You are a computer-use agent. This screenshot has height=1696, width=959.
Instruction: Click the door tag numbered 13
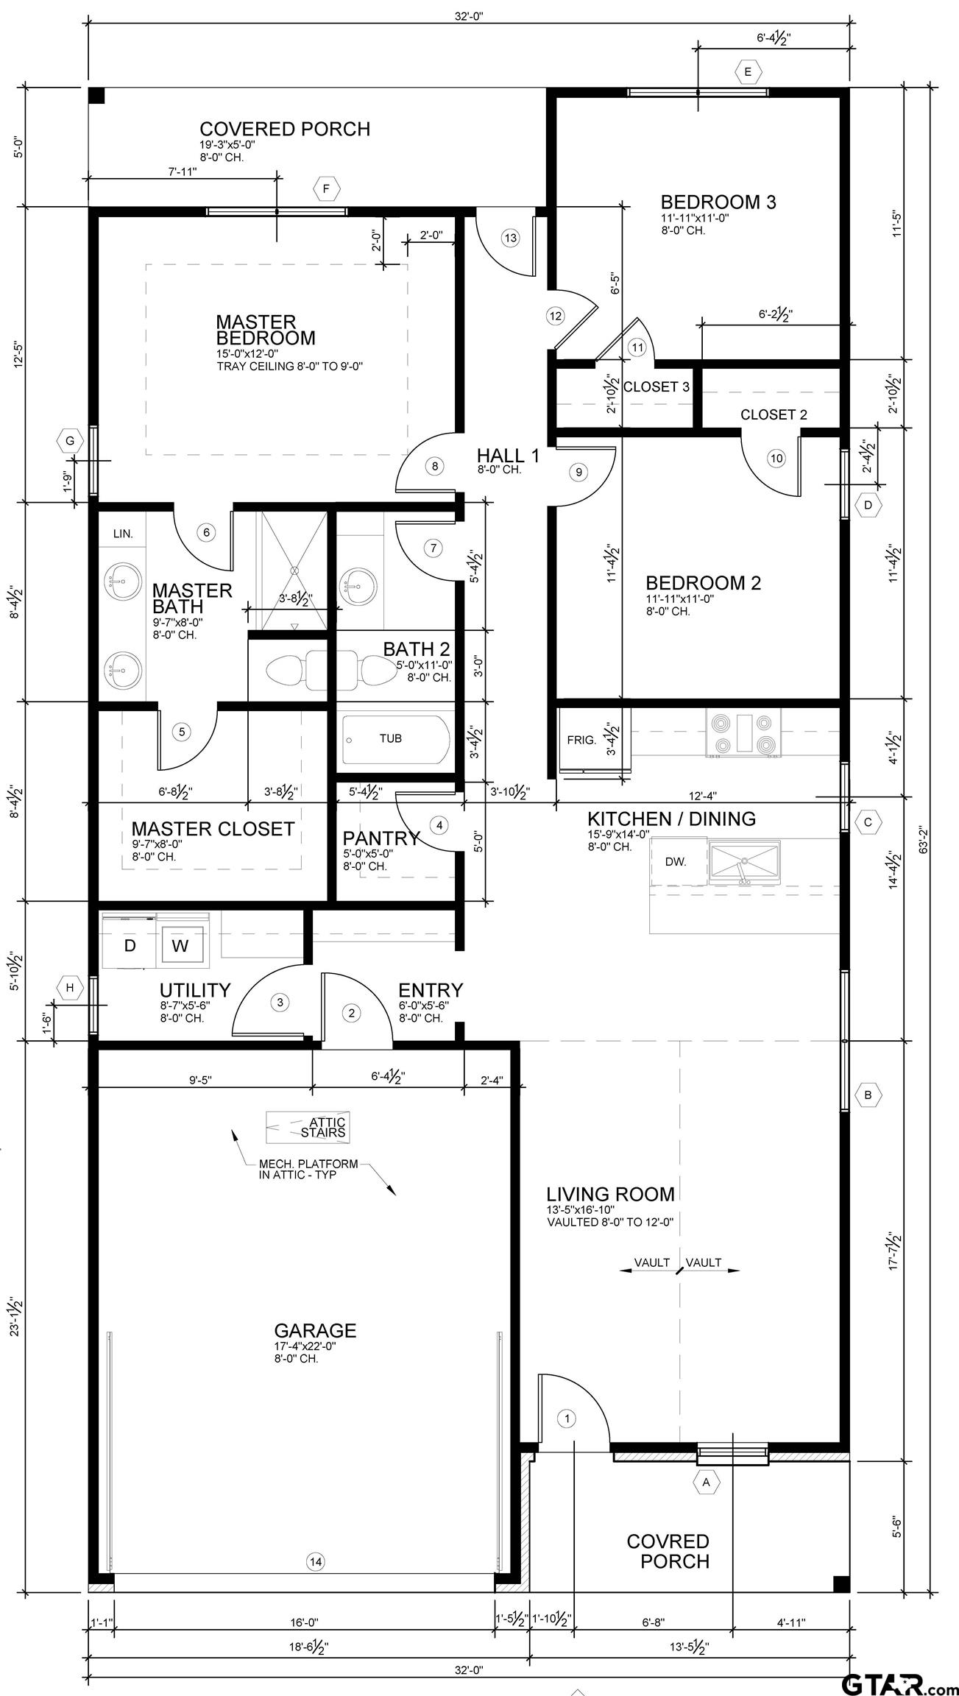[510, 238]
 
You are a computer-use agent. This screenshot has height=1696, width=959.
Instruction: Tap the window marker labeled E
[748, 71]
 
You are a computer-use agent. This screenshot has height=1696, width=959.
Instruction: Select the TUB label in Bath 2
[390, 738]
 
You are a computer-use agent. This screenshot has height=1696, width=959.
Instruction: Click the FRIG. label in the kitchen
[581, 740]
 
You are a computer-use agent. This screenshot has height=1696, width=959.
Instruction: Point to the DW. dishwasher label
[676, 861]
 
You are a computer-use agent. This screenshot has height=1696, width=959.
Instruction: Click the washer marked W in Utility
[180, 947]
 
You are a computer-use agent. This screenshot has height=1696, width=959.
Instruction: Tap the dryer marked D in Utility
[130, 946]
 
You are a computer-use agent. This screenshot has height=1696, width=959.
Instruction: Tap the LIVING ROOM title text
[610, 1193]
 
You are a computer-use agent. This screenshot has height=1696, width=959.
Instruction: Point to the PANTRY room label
[381, 838]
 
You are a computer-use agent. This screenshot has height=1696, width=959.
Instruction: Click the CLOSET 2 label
[774, 414]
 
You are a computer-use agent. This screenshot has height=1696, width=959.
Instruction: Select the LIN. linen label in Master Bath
[123, 534]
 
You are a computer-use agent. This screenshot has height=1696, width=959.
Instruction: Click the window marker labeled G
[71, 442]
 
